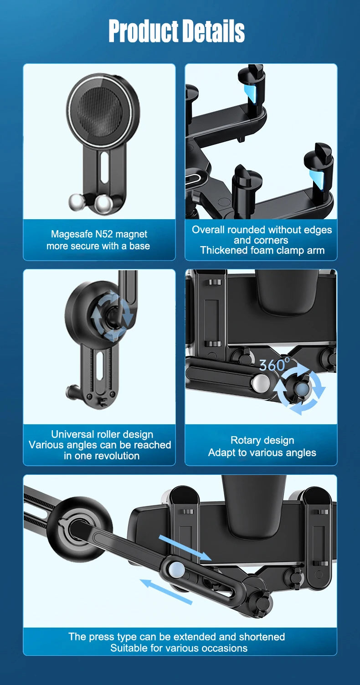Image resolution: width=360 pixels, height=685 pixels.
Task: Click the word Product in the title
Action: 144,31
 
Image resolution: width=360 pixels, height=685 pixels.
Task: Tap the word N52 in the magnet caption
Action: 104,234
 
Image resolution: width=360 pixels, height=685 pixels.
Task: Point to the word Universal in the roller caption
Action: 72,434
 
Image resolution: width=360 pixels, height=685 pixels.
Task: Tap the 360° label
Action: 274,364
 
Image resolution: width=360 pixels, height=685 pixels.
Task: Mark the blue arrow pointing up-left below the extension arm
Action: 166,592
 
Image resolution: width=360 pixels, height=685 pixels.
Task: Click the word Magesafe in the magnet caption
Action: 72,234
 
